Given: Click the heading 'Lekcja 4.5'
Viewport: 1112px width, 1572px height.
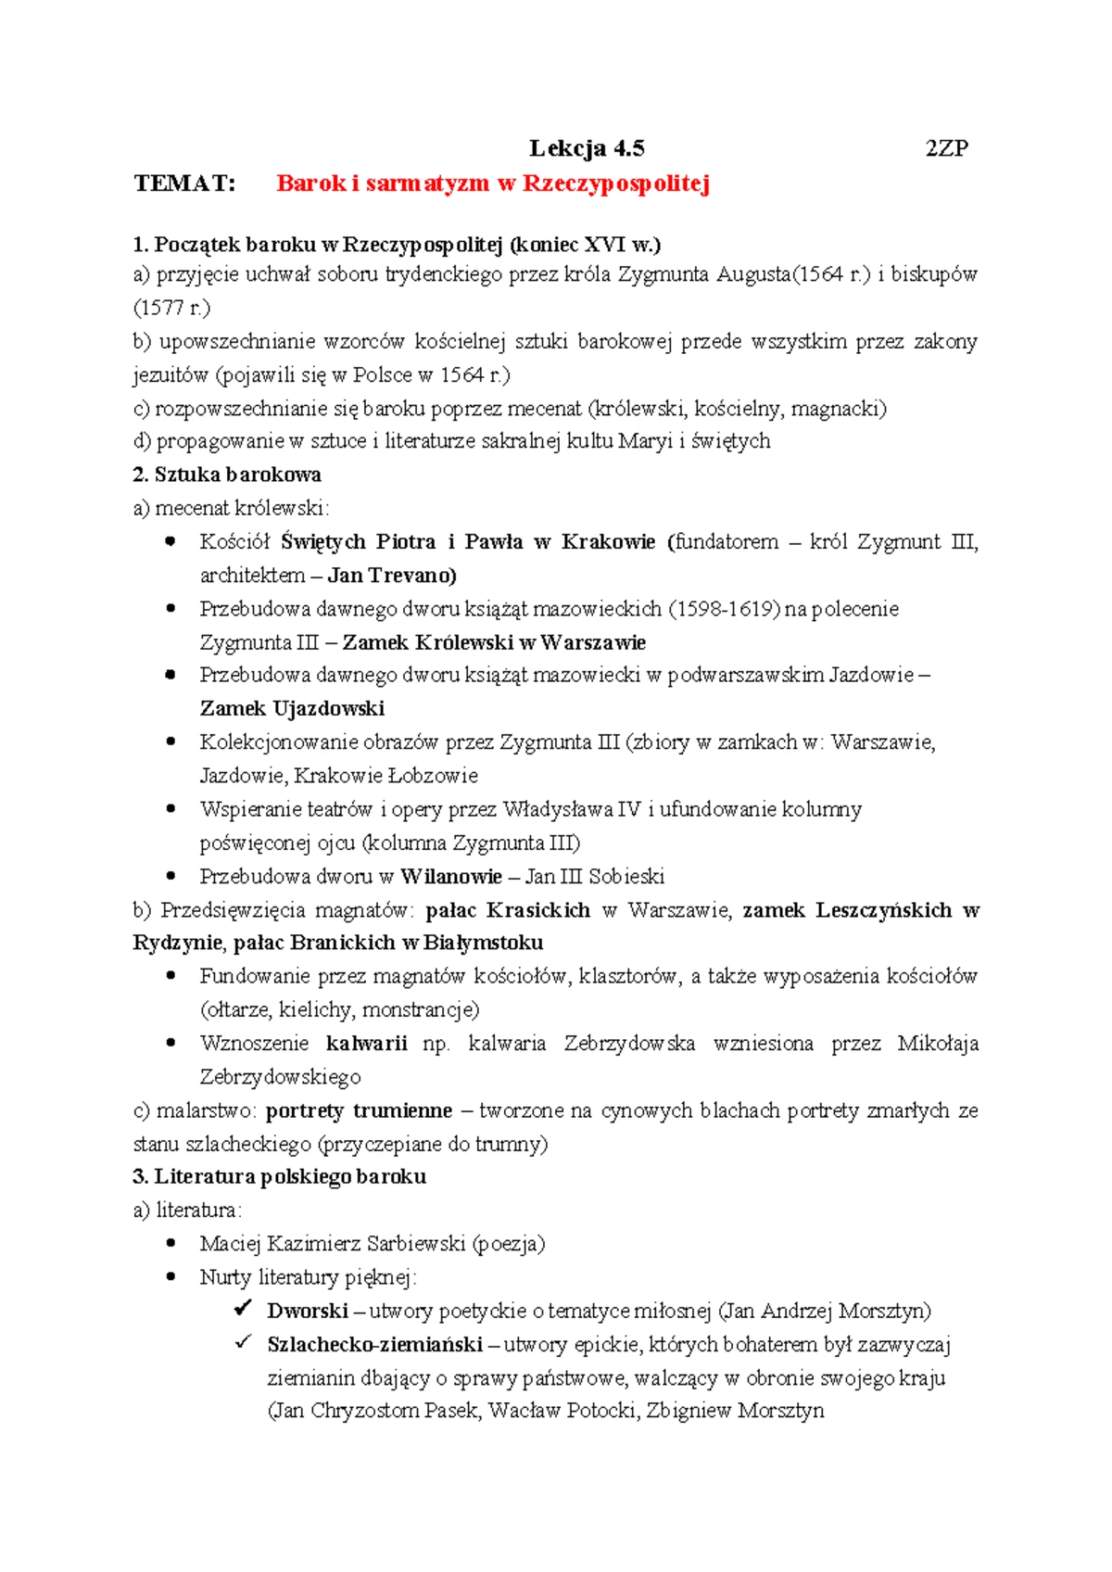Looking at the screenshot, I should pyautogui.click(x=587, y=148).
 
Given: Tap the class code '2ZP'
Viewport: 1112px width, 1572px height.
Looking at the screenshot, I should pyautogui.click(x=946, y=148).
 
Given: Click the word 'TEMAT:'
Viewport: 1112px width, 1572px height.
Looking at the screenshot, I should pyautogui.click(x=184, y=183).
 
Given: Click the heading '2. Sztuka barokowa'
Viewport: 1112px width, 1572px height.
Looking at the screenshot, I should pyautogui.click(x=227, y=475).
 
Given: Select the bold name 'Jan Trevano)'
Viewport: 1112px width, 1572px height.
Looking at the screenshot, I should pyautogui.click(x=392, y=576).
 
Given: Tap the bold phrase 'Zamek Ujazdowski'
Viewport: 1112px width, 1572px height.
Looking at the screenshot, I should pyautogui.click(x=292, y=709).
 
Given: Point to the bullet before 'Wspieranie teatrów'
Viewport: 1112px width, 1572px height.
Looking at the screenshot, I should pyautogui.click(x=171, y=808).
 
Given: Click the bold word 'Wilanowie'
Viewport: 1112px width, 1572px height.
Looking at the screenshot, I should pyautogui.click(x=451, y=877).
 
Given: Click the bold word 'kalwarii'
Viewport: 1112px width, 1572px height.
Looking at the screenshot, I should pyautogui.click(x=367, y=1044).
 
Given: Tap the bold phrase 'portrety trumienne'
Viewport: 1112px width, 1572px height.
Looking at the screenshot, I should pyautogui.click(x=359, y=1110).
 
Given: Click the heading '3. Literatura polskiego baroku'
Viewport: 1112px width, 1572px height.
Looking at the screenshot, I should pyautogui.click(x=279, y=1177).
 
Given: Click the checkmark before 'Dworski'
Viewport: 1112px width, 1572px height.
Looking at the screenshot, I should pyautogui.click(x=243, y=1309).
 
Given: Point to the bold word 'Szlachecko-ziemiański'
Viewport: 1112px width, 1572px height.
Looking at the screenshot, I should pyautogui.click(x=374, y=1345).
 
